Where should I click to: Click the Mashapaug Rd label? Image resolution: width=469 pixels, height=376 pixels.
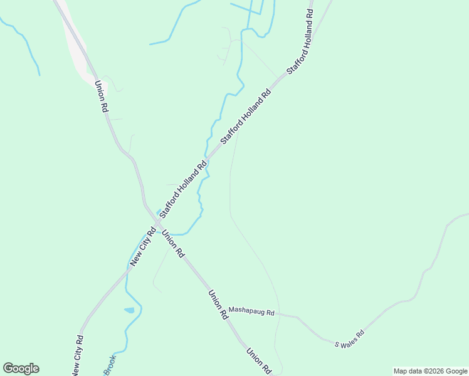click(251, 311)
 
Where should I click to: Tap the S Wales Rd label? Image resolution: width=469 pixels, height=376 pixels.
click(349, 339)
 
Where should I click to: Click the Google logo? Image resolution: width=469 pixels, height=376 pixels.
click(21, 368)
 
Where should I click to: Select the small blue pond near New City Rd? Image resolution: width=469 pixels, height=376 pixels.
click(129, 310)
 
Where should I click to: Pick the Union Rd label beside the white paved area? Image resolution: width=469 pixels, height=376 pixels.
click(100, 96)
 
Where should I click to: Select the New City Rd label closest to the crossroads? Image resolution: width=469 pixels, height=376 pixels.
click(142, 247)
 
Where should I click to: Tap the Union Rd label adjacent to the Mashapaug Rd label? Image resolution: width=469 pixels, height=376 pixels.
click(217, 305)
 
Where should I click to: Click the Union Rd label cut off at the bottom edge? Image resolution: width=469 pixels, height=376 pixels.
click(258, 362)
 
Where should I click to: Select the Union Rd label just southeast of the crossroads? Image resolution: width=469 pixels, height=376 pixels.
click(173, 244)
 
